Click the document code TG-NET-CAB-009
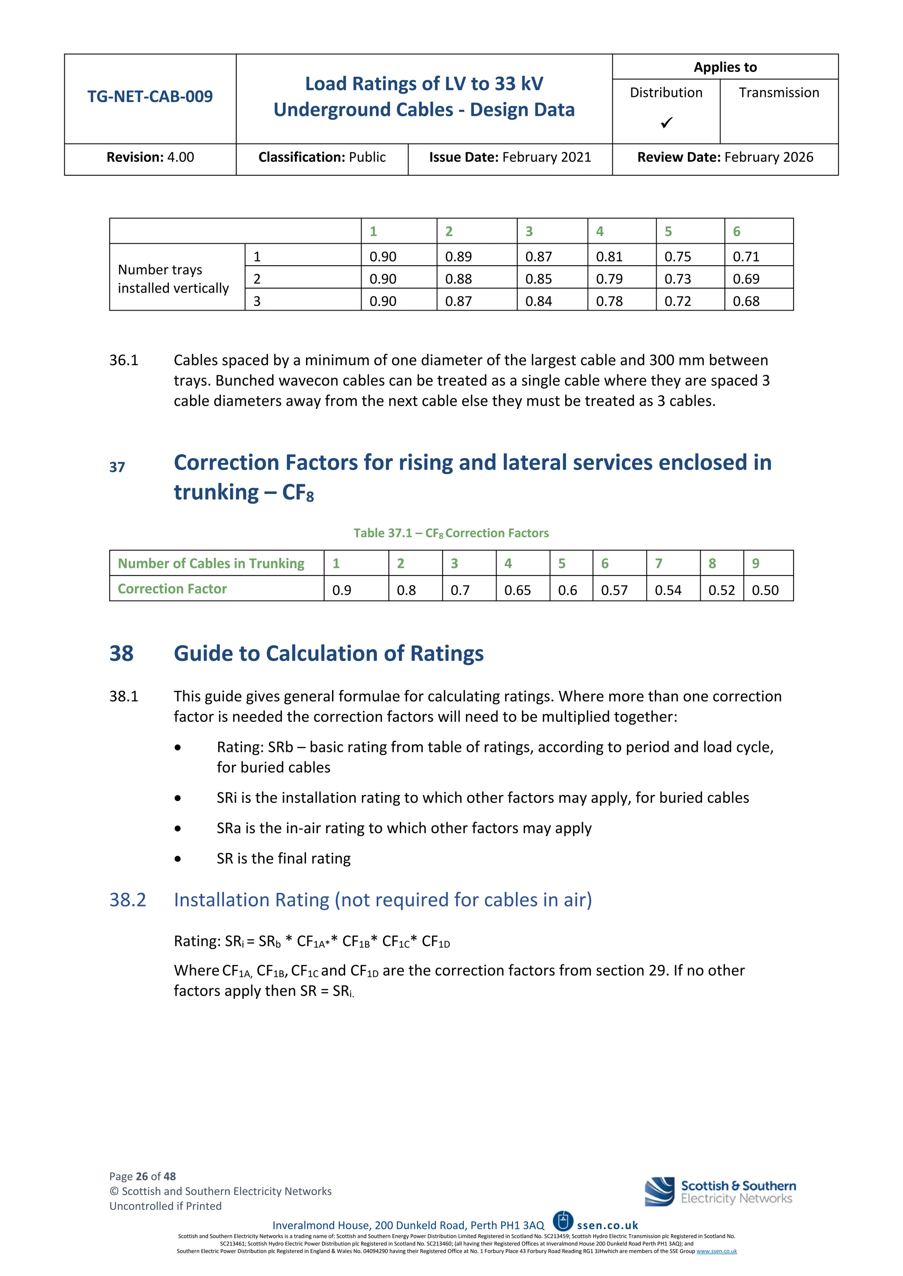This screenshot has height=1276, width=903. [x=149, y=96]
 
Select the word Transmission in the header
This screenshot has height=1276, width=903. [x=779, y=93]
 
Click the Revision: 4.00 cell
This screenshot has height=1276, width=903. [x=150, y=158]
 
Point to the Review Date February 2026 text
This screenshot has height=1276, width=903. [x=724, y=158]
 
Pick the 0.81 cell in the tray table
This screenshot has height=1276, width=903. [x=609, y=257]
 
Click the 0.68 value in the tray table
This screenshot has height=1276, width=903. [x=746, y=301]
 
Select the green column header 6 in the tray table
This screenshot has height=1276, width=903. [x=736, y=232]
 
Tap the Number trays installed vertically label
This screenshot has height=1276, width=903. [x=173, y=279]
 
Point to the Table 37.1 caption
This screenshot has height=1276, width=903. [x=451, y=534]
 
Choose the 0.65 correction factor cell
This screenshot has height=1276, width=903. [x=517, y=590]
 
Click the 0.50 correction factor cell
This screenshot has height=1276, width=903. [x=765, y=590]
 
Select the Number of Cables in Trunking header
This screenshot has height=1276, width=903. [x=211, y=564]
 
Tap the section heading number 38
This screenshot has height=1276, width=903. [x=121, y=653]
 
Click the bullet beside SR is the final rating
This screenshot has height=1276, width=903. [x=177, y=859]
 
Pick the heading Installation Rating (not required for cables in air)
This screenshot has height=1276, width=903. [x=383, y=900]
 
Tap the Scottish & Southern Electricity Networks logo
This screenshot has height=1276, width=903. [x=720, y=1192]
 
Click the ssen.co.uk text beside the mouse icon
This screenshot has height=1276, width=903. [x=607, y=1225]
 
